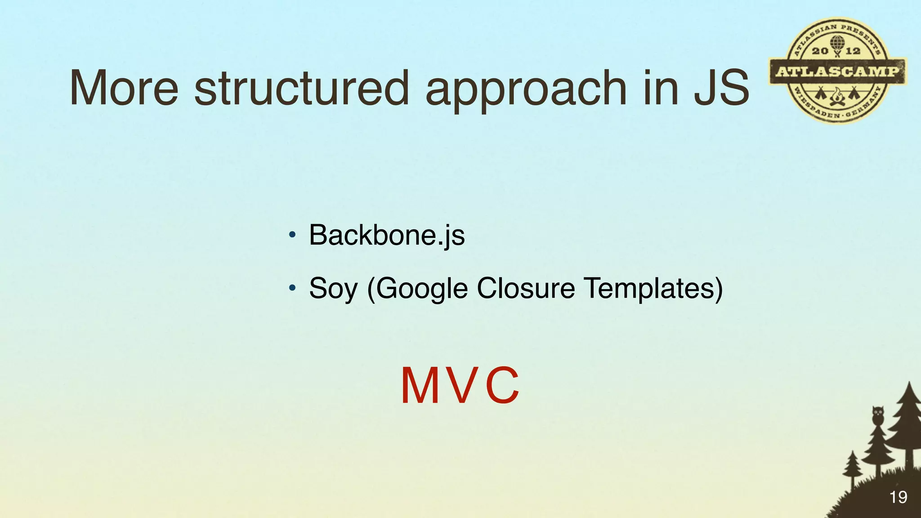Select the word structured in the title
point(301,89)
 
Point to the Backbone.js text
point(387,235)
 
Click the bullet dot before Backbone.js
point(292,235)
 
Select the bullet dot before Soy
point(292,287)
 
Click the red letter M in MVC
point(421,386)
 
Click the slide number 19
point(898,497)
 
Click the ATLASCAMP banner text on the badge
point(837,71)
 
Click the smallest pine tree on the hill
point(852,468)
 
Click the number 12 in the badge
point(853,51)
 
